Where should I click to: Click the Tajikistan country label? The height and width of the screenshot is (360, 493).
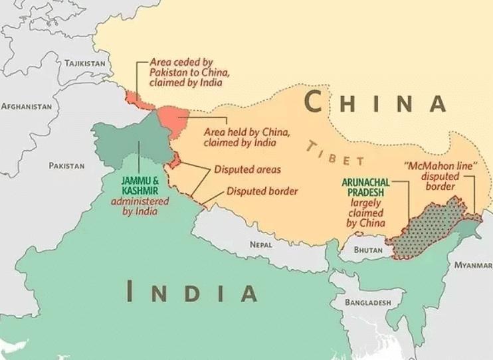tap(84, 63)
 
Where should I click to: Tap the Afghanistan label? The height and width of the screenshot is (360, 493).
tap(27, 106)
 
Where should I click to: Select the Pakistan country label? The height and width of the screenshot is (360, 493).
tap(66, 165)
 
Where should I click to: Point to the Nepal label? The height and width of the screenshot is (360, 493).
tap(261, 244)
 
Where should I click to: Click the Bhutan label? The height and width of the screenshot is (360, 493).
tap(368, 250)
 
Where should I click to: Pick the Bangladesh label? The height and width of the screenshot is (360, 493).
tap(367, 302)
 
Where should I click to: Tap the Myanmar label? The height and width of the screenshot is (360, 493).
tap(472, 264)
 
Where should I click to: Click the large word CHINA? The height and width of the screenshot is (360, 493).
tap(375, 103)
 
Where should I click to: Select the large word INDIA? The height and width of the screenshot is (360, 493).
tap(192, 292)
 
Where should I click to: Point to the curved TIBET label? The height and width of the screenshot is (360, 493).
tap(336, 153)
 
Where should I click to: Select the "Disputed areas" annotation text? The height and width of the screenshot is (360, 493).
tap(247, 170)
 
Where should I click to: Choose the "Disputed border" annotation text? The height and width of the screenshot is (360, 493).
tap(262, 191)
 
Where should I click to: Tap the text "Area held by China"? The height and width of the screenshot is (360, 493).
tap(246, 132)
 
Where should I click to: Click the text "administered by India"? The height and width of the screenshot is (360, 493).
tap(140, 207)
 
